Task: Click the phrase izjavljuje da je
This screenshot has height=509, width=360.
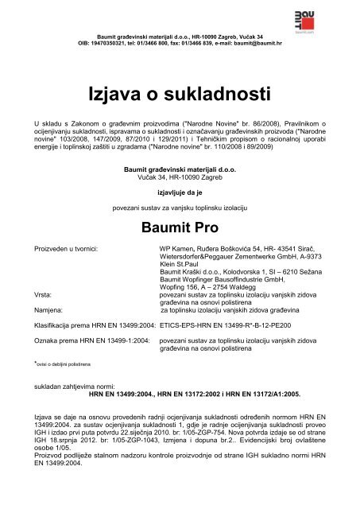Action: [x=180, y=191]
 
